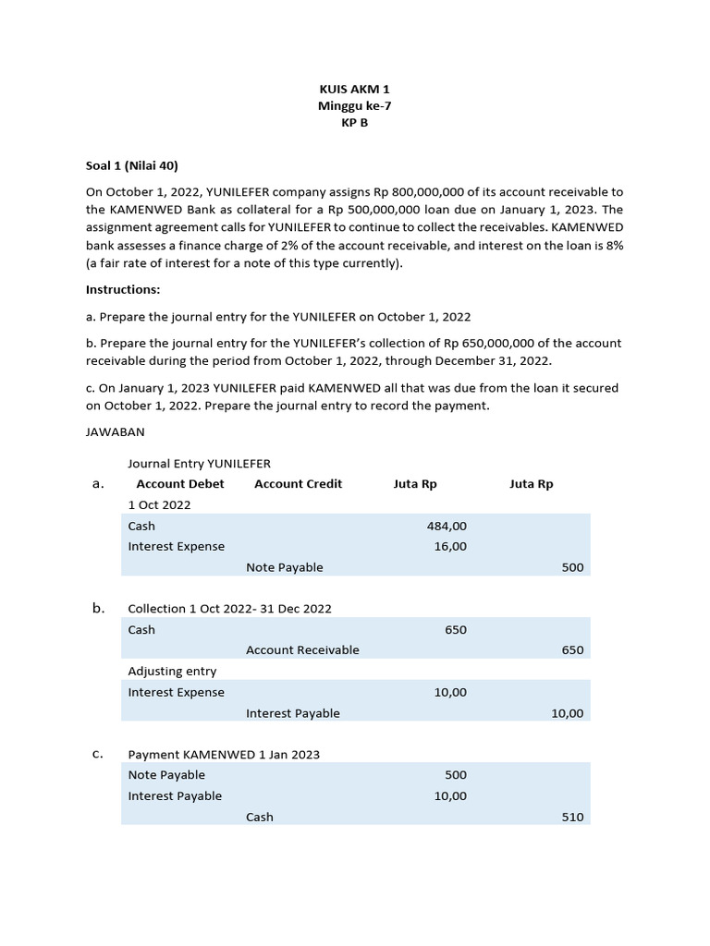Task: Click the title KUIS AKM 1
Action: pyautogui.click(x=354, y=90)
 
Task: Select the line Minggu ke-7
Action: pyautogui.click(x=354, y=106)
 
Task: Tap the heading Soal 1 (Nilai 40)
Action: pyautogui.click(x=131, y=165)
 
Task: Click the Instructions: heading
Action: pyautogui.click(x=123, y=289)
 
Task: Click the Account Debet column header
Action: pyautogui.click(x=180, y=484)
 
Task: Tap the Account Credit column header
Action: pyautogui.click(x=298, y=484)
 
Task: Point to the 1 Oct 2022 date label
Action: pyautogui.click(x=159, y=504)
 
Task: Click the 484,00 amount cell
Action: pyautogui.click(x=447, y=526)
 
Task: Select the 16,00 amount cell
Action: pyautogui.click(x=450, y=546)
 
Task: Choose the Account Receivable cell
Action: pyautogui.click(x=302, y=650)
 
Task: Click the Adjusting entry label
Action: pyautogui.click(x=172, y=672)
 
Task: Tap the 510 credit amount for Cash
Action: pyautogui.click(x=572, y=818)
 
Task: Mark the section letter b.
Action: pyautogui.click(x=98, y=608)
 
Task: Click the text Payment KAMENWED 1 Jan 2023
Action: pyautogui.click(x=224, y=755)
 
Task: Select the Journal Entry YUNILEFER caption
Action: pyautogui.click(x=199, y=464)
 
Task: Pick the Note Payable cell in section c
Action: pyautogui.click(x=166, y=775)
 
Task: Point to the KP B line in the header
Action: pyautogui.click(x=354, y=123)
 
